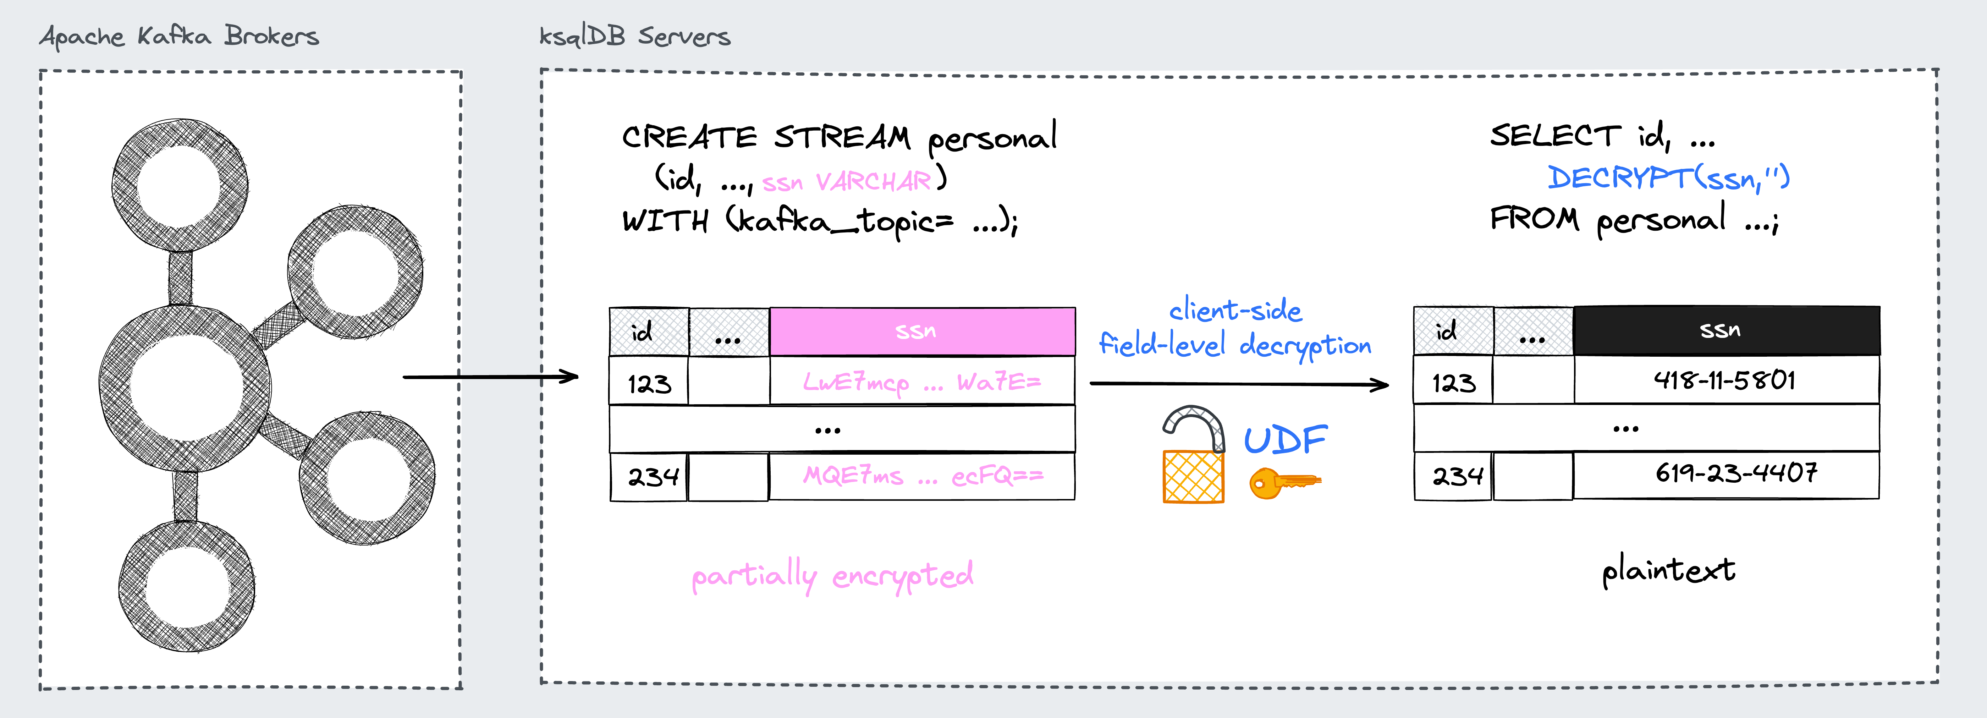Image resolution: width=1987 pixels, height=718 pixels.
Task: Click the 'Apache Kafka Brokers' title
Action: click(x=179, y=36)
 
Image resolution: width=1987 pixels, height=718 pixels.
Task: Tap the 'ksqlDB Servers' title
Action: click(x=634, y=36)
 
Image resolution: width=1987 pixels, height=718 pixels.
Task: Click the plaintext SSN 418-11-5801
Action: click(x=1725, y=380)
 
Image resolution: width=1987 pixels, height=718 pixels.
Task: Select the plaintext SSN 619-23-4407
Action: click(x=1735, y=473)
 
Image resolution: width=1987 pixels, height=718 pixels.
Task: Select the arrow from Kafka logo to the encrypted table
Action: click(x=491, y=377)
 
